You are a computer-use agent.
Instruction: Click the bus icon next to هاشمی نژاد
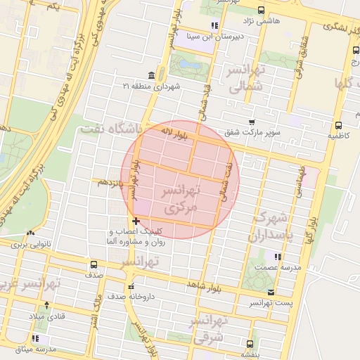coord(262,10)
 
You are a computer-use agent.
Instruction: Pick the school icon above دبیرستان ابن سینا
coord(214,26)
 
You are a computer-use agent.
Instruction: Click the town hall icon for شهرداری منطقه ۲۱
coord(152,75)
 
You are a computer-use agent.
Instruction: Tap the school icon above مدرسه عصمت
coord(278,257)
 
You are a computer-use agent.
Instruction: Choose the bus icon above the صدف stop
coord(94,265)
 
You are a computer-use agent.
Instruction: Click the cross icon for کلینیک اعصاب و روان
coord(136,222)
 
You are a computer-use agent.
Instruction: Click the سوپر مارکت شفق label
coord(252,132)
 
